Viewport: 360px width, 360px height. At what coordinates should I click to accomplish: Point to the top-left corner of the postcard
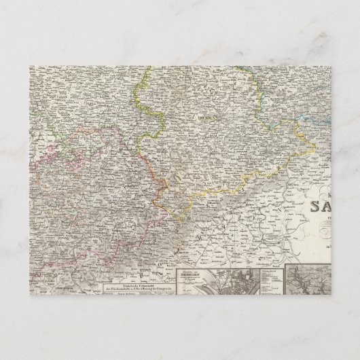(x=29, y=66)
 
